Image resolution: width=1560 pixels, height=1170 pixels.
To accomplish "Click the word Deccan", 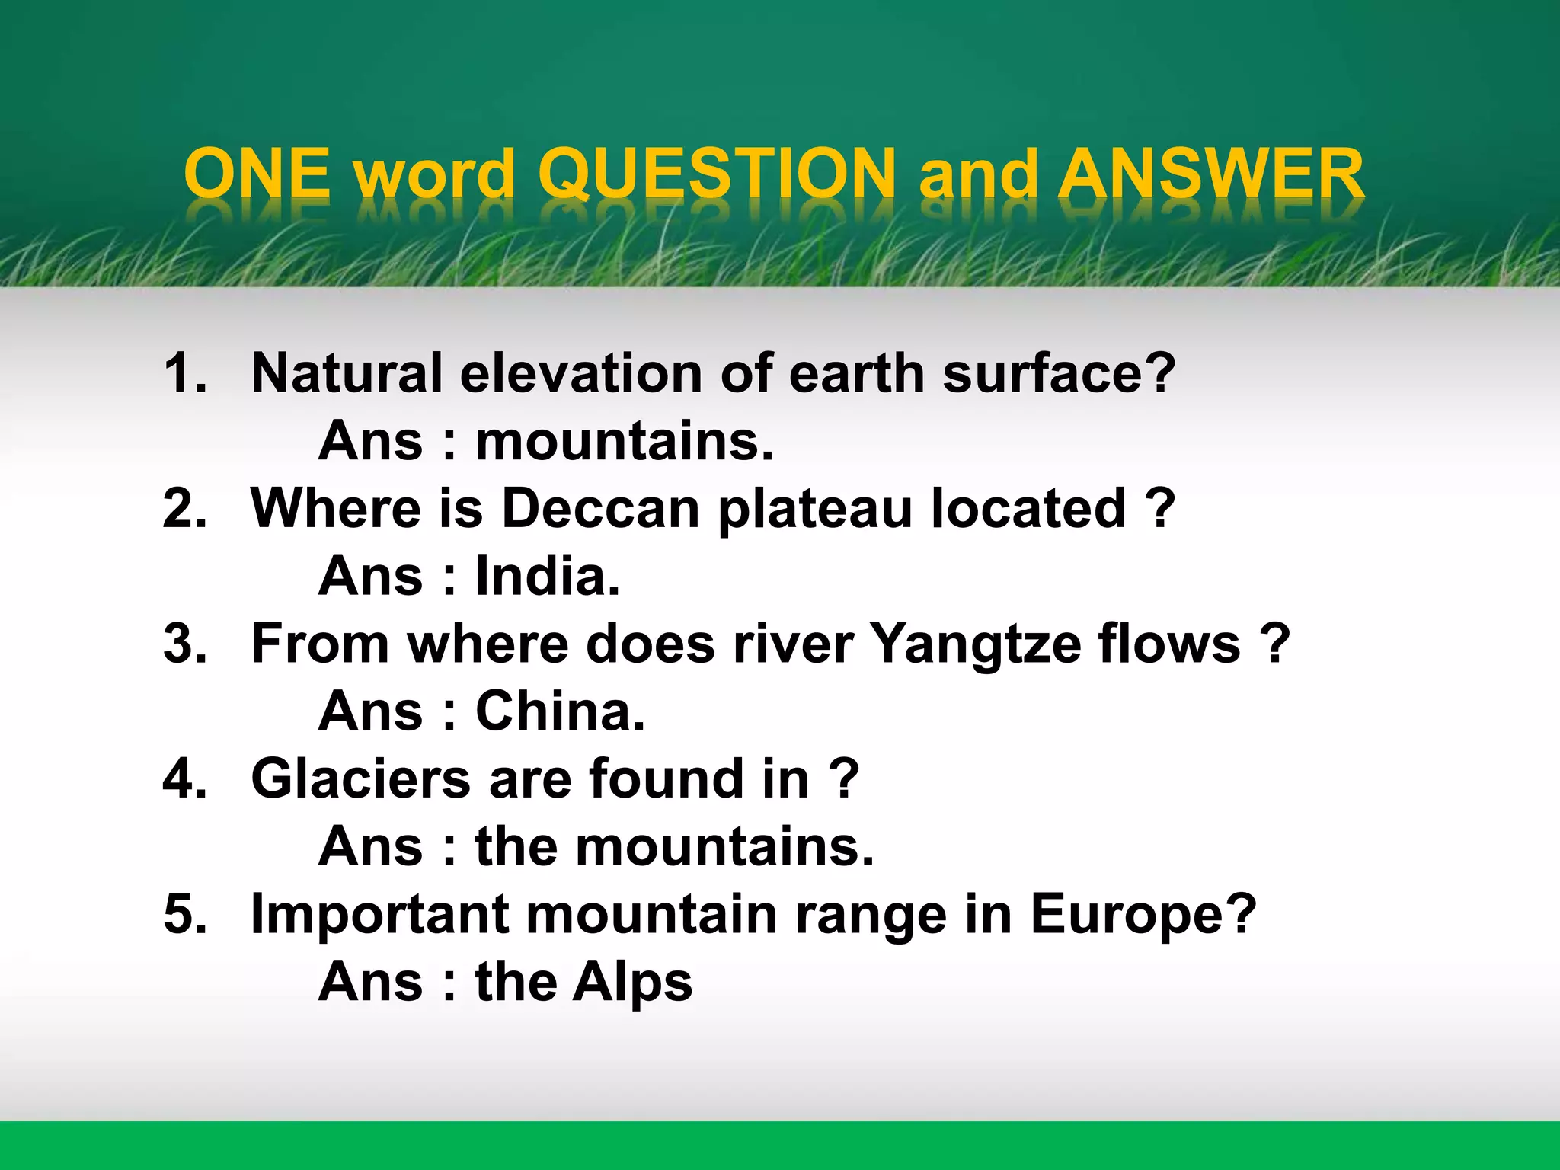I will (x=601, y=508).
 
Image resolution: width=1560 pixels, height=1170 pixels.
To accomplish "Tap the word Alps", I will (x=632, y=983).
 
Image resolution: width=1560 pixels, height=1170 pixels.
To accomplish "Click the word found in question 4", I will (x=666, y=778).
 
